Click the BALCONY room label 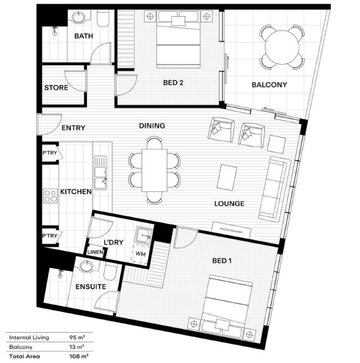pyautogui.click(x=269, y=85)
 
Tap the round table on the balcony pyautogui.click(x=282, y=47)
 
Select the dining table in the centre pyautogui.click(x=154, y=170)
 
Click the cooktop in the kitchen pyautogui.click(x=50, y=196)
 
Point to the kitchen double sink pyautogui.click(x=100, y=172)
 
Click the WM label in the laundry pyautogui.click(x=140, y=254)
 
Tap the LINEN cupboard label pyautogui.click(x=95, y=252)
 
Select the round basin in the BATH pyautogui.click(x=78, y=17)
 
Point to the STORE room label pyautogui.click(x=56, y=88)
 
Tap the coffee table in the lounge pyautogui.click(x=227, y=177)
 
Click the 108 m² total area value pyautogui.click(x=79, y=356)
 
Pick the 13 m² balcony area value pyautogui.click(x=76, y=347)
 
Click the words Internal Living pyautogui.click(x=29, y=337)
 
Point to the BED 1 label pyautogui.click(x=222, y=261)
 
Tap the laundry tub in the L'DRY pyautogui.click(x=144, y=235)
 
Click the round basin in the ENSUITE pyautogui.click(x=86, y=266)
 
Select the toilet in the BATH pyautogui.click(x=103, y=18)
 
